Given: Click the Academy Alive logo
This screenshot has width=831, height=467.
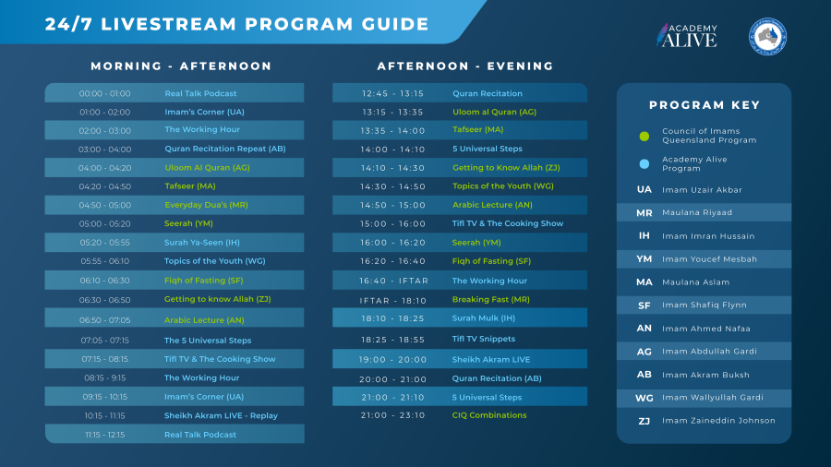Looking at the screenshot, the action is (x=687, y=35).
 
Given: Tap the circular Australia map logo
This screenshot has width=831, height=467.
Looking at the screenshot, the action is (x=767, y=37).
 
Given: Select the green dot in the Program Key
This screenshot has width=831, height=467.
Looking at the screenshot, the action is (x=644, y=136).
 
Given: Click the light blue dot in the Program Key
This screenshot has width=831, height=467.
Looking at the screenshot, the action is (x=644, y=164).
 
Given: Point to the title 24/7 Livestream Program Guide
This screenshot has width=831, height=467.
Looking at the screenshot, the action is (x=237, y=24).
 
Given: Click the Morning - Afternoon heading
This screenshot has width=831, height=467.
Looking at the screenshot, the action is (x=181, y=66).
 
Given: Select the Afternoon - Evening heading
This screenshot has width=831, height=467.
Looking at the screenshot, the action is (x=465, y=66).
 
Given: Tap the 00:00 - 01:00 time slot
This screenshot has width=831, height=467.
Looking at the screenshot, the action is (x=105, y=94).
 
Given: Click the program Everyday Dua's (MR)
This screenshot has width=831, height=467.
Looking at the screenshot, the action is (x=206, y=205).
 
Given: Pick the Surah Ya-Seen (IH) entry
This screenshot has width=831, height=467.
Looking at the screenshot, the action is (x=202, y=243).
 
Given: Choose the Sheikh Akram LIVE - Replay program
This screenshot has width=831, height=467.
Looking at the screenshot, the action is (x=221, y=415).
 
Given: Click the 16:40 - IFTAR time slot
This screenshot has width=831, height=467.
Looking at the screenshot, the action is (x=393, y=281).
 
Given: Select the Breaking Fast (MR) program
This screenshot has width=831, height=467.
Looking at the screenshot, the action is (x=491, y=299).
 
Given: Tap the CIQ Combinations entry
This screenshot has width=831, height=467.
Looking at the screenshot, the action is (x=489, y=415).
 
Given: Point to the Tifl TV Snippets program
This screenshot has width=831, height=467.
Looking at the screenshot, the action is (x=483, y=339).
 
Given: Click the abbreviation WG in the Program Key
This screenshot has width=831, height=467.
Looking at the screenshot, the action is (x=644, y=398).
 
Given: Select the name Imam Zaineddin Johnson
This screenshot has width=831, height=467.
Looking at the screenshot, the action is (x=718, y=421).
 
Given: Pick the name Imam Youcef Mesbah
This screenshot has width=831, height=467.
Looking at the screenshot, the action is (x=710, y=259).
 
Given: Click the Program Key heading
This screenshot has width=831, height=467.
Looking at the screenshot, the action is (x=705, y=105).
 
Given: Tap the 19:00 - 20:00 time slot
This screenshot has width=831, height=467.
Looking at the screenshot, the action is (x=392, y=360).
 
